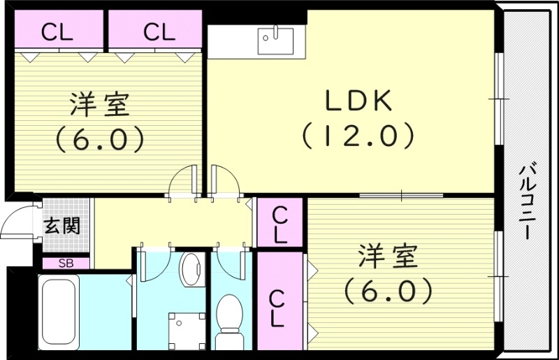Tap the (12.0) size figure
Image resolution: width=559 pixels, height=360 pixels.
(358, 134)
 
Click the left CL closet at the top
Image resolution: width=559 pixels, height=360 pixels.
(57, 31)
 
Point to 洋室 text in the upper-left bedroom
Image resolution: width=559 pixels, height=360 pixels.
(99, 106)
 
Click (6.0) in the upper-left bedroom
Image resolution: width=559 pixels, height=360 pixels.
(99, 138)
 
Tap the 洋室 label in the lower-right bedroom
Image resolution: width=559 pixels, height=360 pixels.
(389, 257)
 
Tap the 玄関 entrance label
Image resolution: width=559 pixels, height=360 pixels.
(62, 225)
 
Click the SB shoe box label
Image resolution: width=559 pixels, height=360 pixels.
(66, 264)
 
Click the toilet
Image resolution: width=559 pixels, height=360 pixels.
(228, 318)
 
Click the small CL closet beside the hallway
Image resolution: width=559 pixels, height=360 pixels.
(279, 223)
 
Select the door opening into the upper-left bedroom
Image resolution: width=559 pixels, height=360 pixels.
(186, 180)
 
